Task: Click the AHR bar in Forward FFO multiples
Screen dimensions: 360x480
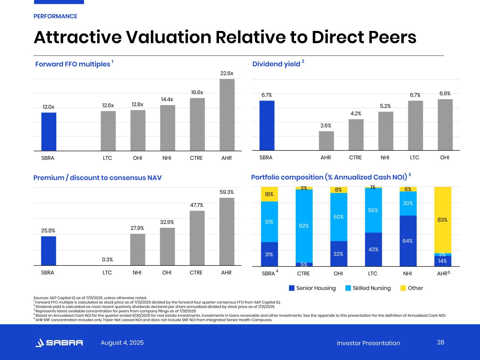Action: tap(227, 115)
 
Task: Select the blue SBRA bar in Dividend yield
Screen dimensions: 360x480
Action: tap(267, 126)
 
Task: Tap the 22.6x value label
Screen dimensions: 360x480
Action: tap(226, 73)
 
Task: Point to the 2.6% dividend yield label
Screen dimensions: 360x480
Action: tap(326, 126)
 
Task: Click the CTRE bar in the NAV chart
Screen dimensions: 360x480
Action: tap(197, 238)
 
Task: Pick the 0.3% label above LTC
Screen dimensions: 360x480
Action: tap(108, 259)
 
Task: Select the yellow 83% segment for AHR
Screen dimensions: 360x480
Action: tap(442, 220)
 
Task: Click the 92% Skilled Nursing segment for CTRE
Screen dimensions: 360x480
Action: tap(304, 226)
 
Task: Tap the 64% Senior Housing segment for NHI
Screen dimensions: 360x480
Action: tap(408, 241)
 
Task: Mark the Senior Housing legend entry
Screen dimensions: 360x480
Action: tap(312, 288)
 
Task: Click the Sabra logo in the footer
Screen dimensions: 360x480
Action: tap(59, 343)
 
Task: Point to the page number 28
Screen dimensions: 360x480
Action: tap(441, 342)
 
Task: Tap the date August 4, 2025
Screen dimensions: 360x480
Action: tap(122, 343)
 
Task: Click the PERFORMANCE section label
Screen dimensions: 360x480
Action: tap(55, 16)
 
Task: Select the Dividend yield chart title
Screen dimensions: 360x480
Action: tap(276, 64)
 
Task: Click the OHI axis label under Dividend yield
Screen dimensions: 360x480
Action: tap(444, 157)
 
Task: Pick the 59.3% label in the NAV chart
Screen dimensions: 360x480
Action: tap(226, 192)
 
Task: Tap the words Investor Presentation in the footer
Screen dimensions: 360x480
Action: tap(368, 343)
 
